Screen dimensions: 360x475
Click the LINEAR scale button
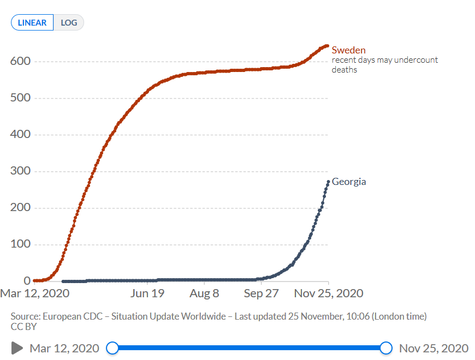pyautogui.click(x=32, y=23)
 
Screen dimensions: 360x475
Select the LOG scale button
pyautogui.click(x=69, y=23)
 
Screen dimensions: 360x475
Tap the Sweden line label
pyautogui.click(x=348, y=50)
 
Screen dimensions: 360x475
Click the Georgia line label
pyautogui.click(x=349, y=182)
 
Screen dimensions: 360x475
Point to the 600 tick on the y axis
pyautogui.click(x=20, y=61)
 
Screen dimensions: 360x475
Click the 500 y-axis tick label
pyautogui.click(x=20, y=98)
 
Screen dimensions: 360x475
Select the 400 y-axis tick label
pyautogui.click(x=20, y=135)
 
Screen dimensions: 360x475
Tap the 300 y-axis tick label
pyautogui.click(x=20, y=171)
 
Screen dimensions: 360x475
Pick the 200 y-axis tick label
pyautogui.click(x=20, y=208)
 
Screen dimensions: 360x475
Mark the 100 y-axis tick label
pyautogui.click(x=20, y=244)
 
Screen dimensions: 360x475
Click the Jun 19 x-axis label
pyautogui.click(x=147, y=293)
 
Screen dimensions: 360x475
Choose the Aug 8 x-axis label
pyautogui.click(x=204, y=293)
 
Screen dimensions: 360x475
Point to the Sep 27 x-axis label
pyautogui.click(x=261, y=293)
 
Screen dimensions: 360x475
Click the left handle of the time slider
pyautogui.click(x=112, y=348)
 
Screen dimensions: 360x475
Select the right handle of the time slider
pyautogui.click(x=386, y=348)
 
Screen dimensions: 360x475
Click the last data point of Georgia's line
pyautogui.click(x=328, y=182)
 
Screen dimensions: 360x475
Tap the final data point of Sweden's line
pyautogui.click(x=327, y=46)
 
